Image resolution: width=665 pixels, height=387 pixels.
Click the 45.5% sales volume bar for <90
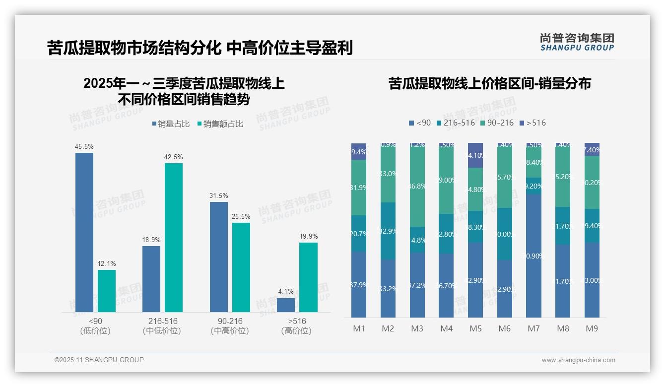pos(84,232)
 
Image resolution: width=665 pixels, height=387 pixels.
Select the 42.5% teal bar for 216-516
pos(174,237)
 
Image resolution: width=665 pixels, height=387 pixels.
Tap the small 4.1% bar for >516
pos(286,305)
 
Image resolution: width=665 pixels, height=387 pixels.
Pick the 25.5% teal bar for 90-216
pos(241,267)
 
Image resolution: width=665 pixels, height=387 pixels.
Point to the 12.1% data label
pos(106,263)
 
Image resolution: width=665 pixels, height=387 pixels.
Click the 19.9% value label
pos(308,236)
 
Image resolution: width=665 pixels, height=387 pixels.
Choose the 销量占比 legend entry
pos(171,124)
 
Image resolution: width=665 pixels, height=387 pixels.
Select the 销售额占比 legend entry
pos(220,124)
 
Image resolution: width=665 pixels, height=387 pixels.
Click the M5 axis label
pos(475,328)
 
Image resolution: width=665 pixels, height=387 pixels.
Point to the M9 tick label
pos(592,328)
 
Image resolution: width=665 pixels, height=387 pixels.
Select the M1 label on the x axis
pos(359,328)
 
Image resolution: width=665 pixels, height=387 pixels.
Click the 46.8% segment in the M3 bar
pos(417,186)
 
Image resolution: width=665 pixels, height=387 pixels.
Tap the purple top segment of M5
pos(475,155)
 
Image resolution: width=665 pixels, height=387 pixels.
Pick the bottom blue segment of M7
pos(533,256)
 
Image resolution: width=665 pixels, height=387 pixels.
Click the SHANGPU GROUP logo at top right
pos(577,42)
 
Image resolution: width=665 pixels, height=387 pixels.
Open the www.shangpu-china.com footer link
pos(578,360)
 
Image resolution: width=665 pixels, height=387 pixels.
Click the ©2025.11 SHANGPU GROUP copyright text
pos(99,360)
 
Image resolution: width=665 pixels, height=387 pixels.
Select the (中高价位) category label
pos(230,331)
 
